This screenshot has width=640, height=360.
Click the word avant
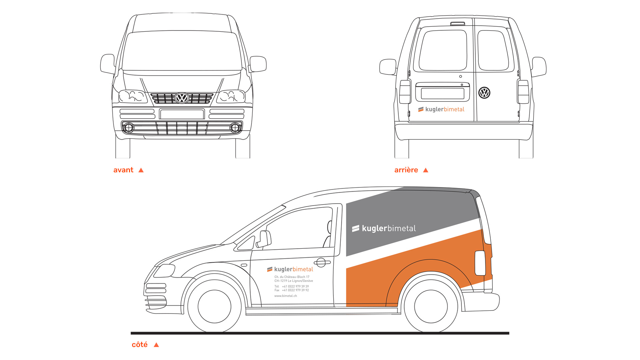coord(123,170)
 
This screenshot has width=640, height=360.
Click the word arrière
coord(406,170)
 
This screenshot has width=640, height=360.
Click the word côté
coord(140,344)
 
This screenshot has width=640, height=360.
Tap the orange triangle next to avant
coord(141,170)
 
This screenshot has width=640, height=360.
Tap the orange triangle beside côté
coord(156,345)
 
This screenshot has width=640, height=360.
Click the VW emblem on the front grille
coord(182,98)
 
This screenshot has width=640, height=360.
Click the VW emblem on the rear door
coord(484,93)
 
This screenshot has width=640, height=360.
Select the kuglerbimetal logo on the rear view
coord(441,109)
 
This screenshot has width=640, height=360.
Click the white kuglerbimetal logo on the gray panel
coord(384,228)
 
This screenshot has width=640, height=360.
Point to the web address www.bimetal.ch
coord(285,296)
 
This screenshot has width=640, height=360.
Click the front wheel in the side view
coord(214,306)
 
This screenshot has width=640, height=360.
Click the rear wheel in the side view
coord(431,306)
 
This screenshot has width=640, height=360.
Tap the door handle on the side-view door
coord(322,263)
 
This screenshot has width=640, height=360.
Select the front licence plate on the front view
coord(182,114)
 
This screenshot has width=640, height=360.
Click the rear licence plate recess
coord(443,93)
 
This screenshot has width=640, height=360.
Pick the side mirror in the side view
coord(264,239)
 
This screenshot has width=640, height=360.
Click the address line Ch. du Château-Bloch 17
coord(292,277)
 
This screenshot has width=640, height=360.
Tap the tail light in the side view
coord(480,263)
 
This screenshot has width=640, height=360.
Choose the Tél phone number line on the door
coord(292,286)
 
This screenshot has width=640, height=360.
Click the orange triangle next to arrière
coord(426,170)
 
